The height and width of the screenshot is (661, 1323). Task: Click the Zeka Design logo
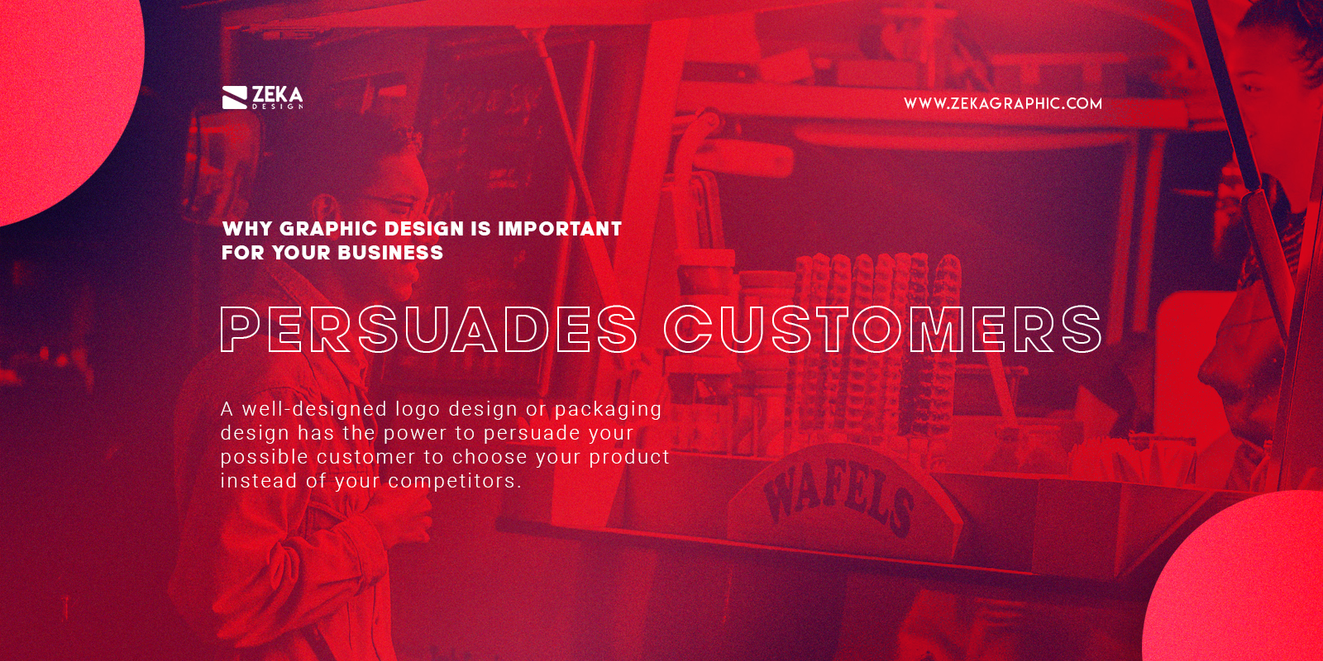(262, 97)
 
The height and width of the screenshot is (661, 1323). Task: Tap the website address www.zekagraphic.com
(1002, 103)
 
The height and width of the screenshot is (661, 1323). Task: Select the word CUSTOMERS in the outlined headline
(882, 329)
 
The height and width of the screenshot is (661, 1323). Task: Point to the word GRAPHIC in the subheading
(328, 229)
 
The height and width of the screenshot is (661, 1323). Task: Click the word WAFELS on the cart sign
(838, 496)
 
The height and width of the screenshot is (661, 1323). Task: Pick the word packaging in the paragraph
(608, 409)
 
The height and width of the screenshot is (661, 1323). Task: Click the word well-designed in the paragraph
(314, 409)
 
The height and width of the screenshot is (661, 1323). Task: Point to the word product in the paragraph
(628, 457)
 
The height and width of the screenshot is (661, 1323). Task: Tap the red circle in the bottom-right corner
(1240, 587)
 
